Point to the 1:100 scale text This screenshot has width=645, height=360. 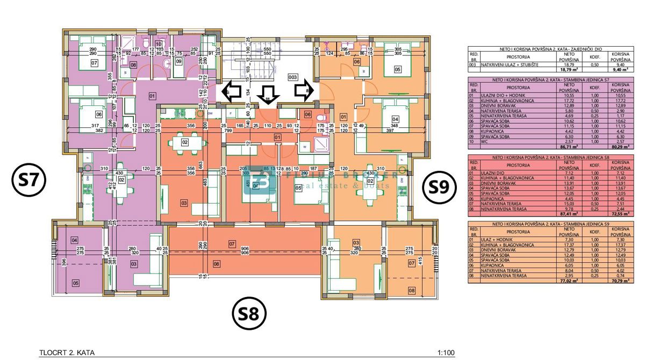point(446,353)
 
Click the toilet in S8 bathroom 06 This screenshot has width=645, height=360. point(321,119)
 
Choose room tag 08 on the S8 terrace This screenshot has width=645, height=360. point(217,263)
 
